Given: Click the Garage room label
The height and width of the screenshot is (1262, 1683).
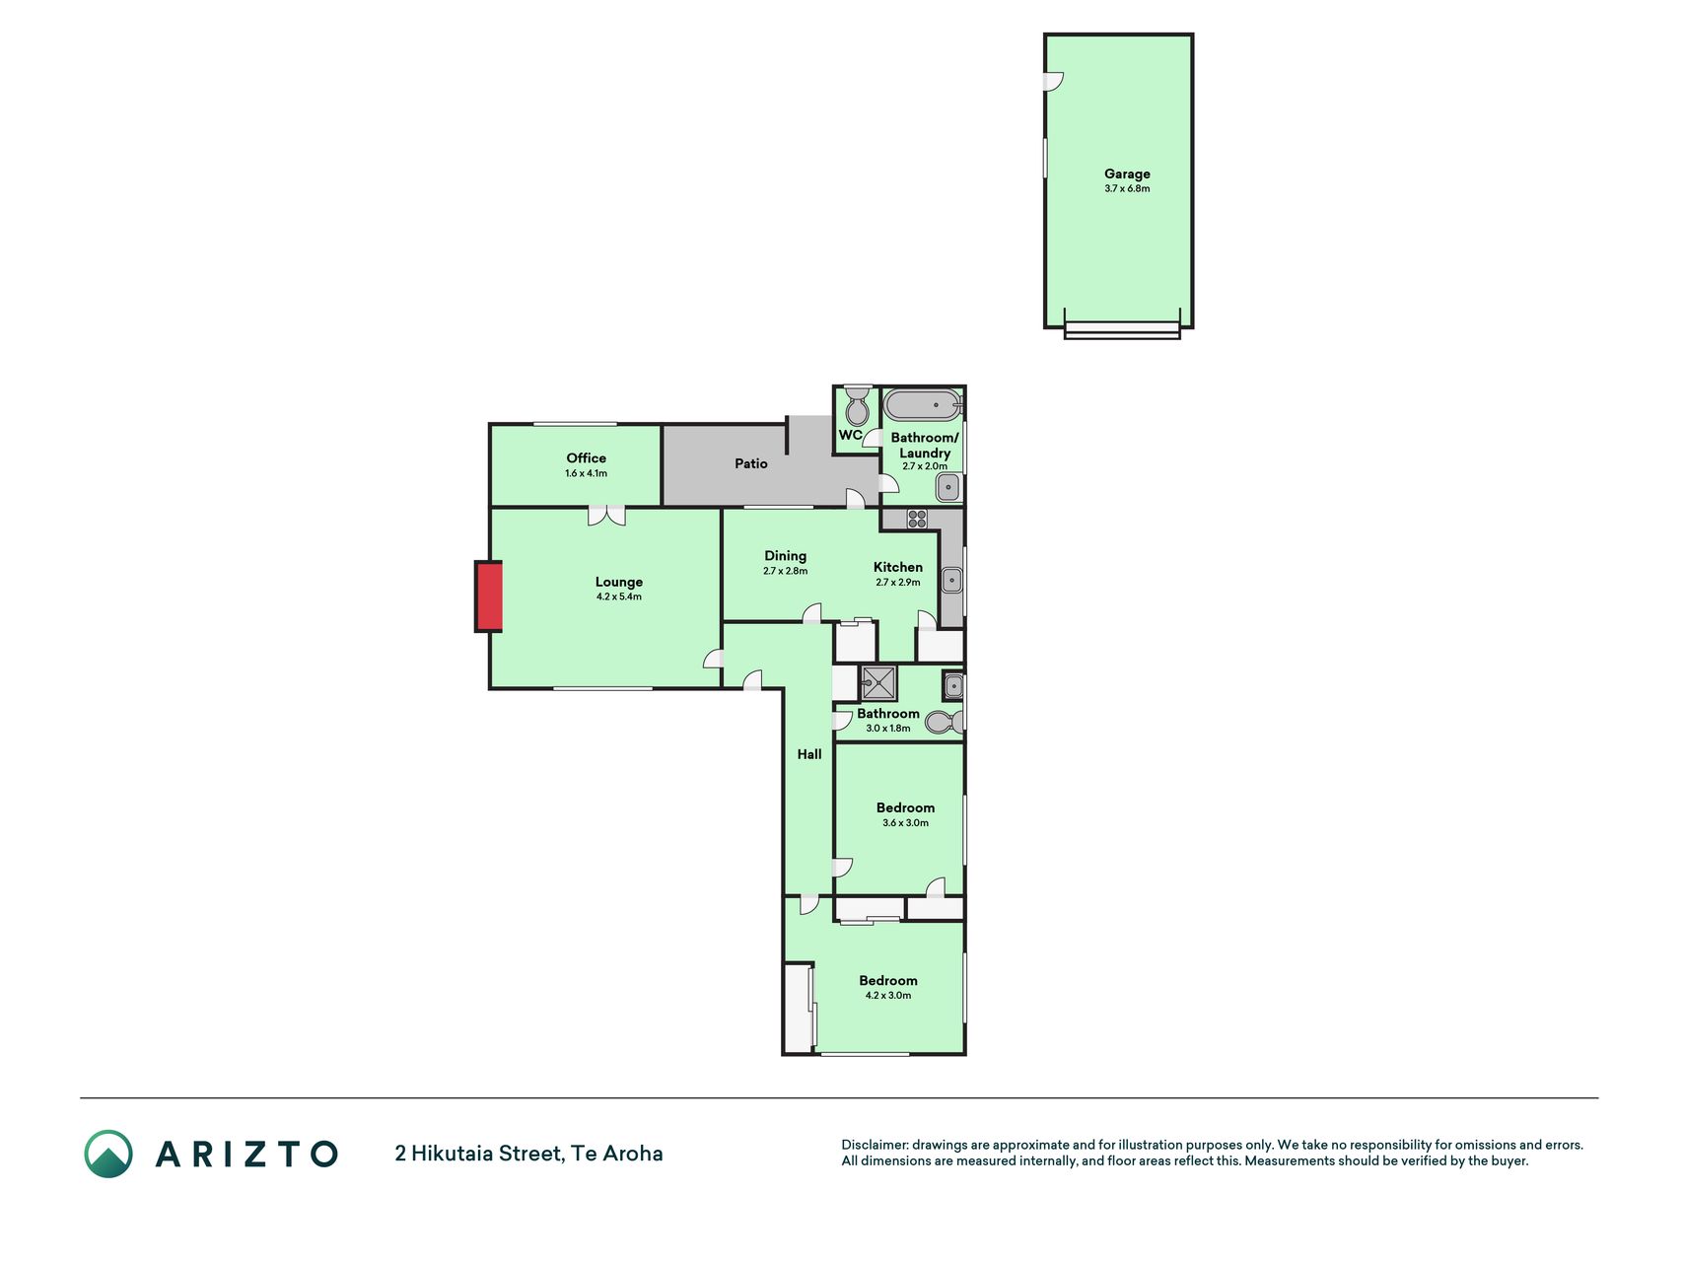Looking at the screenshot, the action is (1127, 174).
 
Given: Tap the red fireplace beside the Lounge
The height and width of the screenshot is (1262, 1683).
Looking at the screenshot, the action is (489, 596).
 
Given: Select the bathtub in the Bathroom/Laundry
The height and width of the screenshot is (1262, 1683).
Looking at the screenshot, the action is (922, 405).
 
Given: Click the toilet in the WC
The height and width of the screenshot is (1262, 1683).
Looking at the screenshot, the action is (858, 405).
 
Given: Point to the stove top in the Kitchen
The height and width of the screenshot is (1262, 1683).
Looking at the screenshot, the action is (917, 519).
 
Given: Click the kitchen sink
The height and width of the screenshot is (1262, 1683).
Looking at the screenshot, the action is (951, 581).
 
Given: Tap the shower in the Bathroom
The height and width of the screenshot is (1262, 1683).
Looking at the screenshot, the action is (878, 682).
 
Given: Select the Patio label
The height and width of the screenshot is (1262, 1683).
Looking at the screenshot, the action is (751, 463).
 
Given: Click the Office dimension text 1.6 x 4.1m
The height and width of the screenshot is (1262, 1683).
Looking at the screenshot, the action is (586, 473).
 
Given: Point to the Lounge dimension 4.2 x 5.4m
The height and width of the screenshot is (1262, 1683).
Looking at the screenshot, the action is (619, 596).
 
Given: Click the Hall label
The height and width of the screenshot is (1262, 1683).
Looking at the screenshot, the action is (809, 754).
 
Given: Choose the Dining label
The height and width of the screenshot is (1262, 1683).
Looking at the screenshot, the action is (786, 556).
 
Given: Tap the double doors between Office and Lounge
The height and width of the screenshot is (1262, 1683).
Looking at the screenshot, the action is (607, 515).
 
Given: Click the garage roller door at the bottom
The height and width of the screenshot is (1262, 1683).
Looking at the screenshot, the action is (1122, 330).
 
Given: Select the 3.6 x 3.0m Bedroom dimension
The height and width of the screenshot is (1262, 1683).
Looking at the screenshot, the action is (905, 823).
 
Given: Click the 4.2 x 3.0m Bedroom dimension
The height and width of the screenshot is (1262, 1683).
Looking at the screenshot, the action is (888, 996).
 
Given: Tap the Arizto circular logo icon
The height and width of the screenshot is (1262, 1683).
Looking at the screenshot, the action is (108, 1154).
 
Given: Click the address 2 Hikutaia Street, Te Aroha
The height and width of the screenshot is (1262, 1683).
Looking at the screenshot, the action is (528, 1154).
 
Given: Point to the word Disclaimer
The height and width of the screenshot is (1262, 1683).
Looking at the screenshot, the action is (875, 1145).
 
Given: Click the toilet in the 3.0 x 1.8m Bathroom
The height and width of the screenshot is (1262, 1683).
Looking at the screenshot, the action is (945, 722).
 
